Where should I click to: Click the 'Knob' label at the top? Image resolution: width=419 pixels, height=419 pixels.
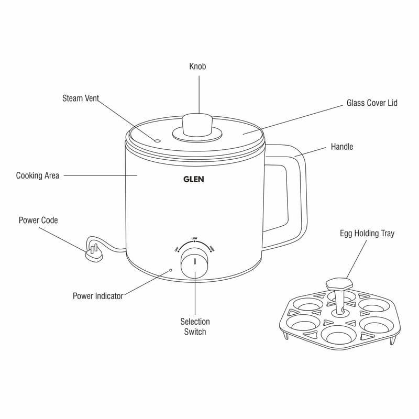click(x=197, y=67)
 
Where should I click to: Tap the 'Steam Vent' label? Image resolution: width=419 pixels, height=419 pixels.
click(x=81, y=98)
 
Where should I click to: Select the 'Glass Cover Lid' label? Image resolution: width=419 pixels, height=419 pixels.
click(x=372, y=103)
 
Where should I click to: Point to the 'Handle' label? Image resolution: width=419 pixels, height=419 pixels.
click(x=341, y=147)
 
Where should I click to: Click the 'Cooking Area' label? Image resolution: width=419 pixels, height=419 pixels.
click(x=38, y=175)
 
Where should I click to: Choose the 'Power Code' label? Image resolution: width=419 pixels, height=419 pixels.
click(x=38, y=220)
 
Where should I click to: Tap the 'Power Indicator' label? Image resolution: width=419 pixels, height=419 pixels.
click(x=98, y=296)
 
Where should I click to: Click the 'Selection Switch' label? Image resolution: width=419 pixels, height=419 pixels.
click(x=195, y=327)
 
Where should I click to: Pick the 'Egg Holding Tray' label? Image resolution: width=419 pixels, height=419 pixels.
click(x=367, y=234)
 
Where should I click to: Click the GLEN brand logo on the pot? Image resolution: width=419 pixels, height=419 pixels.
click(x=194, y=179)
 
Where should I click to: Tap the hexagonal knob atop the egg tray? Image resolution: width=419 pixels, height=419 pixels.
click(x=339, y=283)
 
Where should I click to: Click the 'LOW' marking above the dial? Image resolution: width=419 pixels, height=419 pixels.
click(x=194, y=238)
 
